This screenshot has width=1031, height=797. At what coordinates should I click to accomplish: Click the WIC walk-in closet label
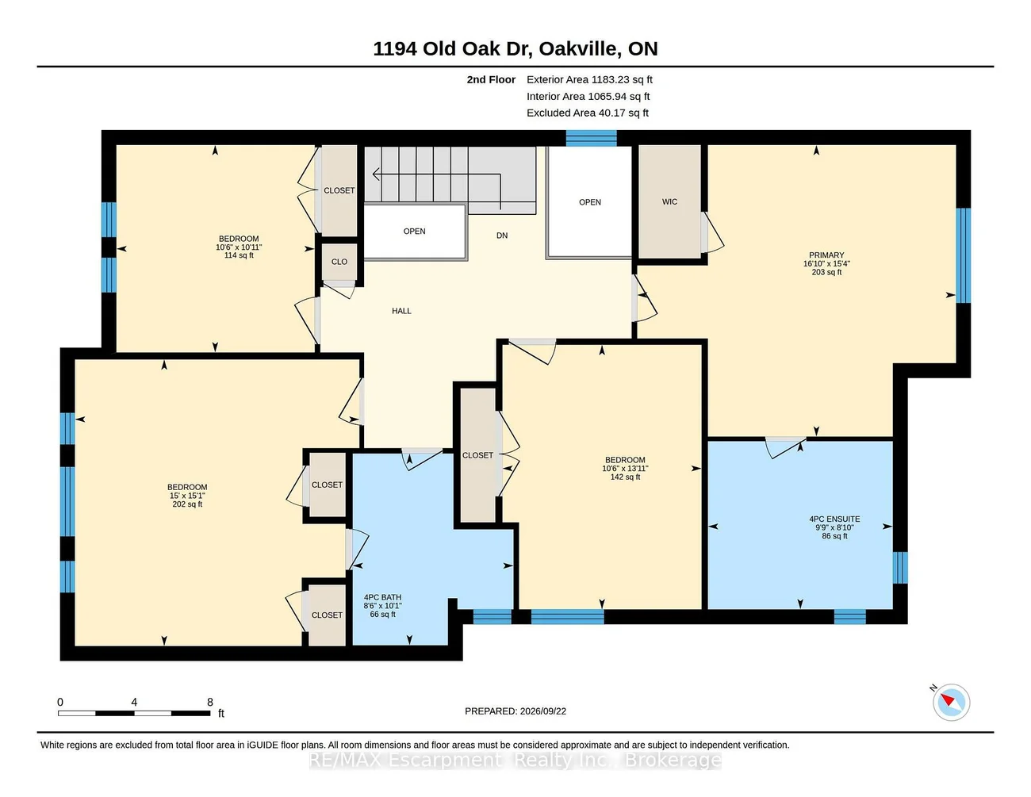[669, 201]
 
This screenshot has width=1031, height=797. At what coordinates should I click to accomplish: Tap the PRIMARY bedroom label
[826, 255]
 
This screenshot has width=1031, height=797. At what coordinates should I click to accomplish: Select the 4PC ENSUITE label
[834, 519]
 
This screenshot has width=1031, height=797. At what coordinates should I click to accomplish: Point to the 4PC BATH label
[382, 597]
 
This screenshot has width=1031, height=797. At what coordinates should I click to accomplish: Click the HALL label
[401, 311]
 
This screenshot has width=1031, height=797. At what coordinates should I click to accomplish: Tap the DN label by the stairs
[502, 236]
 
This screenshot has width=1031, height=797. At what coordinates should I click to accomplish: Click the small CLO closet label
[339, 262]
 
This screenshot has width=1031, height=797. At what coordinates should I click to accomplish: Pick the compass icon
[951, 702]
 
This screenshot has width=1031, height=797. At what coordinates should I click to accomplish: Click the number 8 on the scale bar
[209, 702]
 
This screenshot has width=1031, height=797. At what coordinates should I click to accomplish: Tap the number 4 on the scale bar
[134, 702]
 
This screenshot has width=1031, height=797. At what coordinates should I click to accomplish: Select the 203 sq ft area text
[826, 272]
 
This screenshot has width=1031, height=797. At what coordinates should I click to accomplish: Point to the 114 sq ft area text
[239, 255]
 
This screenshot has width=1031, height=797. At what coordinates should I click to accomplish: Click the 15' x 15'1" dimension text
[187, 496]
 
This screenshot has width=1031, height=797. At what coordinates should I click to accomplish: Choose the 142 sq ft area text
[625, 477]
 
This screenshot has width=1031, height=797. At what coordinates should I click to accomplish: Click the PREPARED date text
[515, 711]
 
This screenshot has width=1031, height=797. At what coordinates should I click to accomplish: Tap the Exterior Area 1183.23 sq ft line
[589, 79]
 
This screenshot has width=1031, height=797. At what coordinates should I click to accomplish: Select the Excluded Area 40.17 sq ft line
[588, 113]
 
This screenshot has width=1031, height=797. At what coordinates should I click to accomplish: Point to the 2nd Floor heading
[491, 79]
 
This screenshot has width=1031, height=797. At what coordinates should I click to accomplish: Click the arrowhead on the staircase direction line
[375, 174]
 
